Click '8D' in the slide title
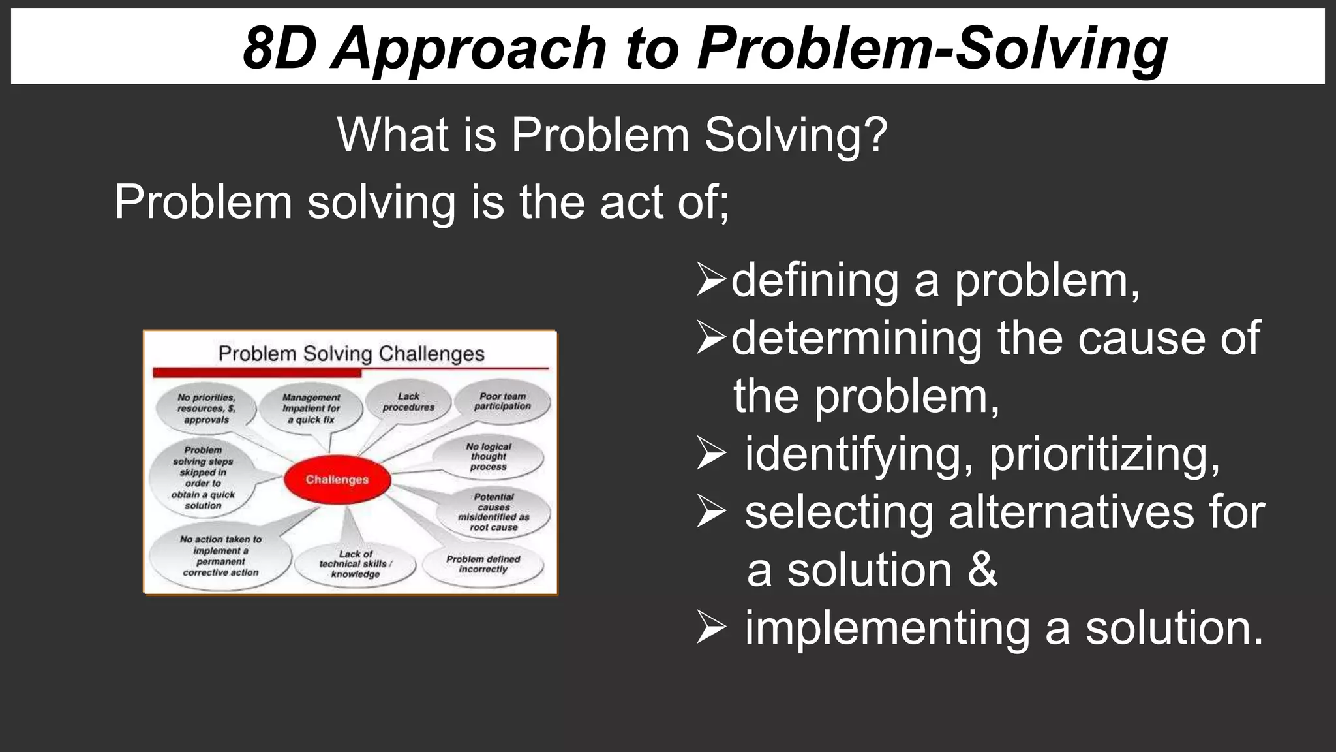(279, 48)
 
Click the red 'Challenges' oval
(337, 480)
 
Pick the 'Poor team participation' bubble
(502, 401)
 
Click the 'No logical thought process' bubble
(489, 457)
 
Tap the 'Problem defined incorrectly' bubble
(483, 565)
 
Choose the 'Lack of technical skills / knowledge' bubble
(355, 565)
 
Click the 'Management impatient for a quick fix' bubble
(311, 409)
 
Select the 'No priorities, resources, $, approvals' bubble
(206, 409)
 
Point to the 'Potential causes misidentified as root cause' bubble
(494, 512)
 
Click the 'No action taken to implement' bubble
(220, 556)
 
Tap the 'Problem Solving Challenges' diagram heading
(351, 354)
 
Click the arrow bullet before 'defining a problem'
(711, 279)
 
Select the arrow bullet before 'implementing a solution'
(711, 627)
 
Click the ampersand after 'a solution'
(982, 569)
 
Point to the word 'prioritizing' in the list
(1104, 454)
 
